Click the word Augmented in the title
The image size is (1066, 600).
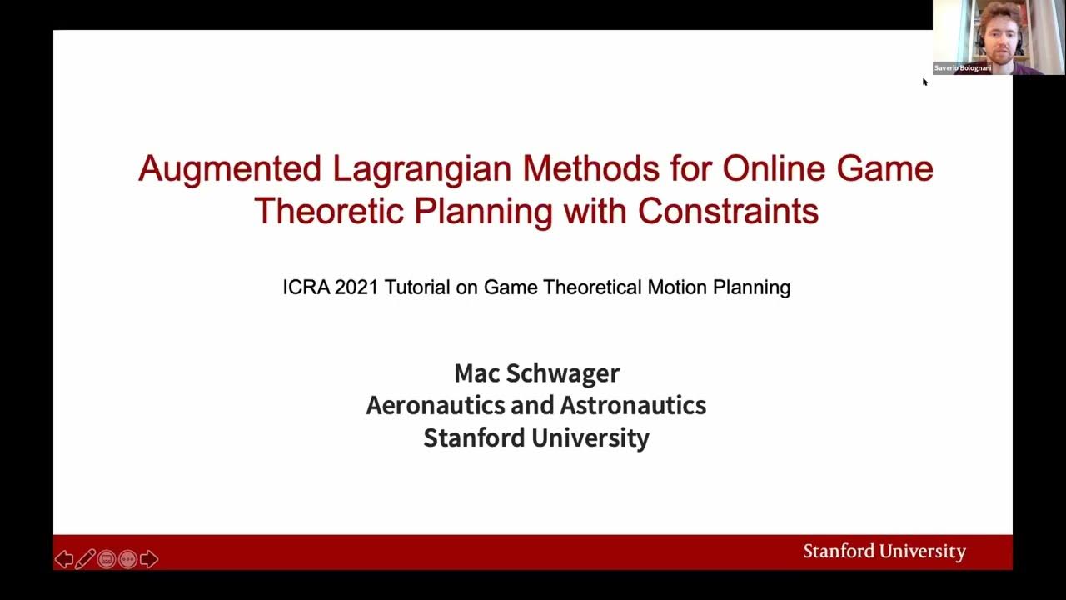(x=229, y=169)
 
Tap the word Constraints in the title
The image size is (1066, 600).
(x=728, y=212)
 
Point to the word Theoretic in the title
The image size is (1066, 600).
(x=329, y=212)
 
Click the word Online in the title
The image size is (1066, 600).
(x=774, y=169)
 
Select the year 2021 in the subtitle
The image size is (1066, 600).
(x=356, y=287)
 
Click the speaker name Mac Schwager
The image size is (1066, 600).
(x=536, y=373)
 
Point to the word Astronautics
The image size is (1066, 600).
(x=633, y=406)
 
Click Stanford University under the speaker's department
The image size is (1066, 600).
(x=536, y=438)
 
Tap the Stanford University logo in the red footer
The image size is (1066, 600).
(x=884, y=552)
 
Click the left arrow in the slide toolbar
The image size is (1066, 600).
(x=64, y=559)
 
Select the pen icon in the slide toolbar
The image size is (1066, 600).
(x=85, y=559)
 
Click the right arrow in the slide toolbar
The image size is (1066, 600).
(x=149, y=559)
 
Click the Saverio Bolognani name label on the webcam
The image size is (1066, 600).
(x=962, y=68)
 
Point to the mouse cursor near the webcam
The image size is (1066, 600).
(x=924, y=82)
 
